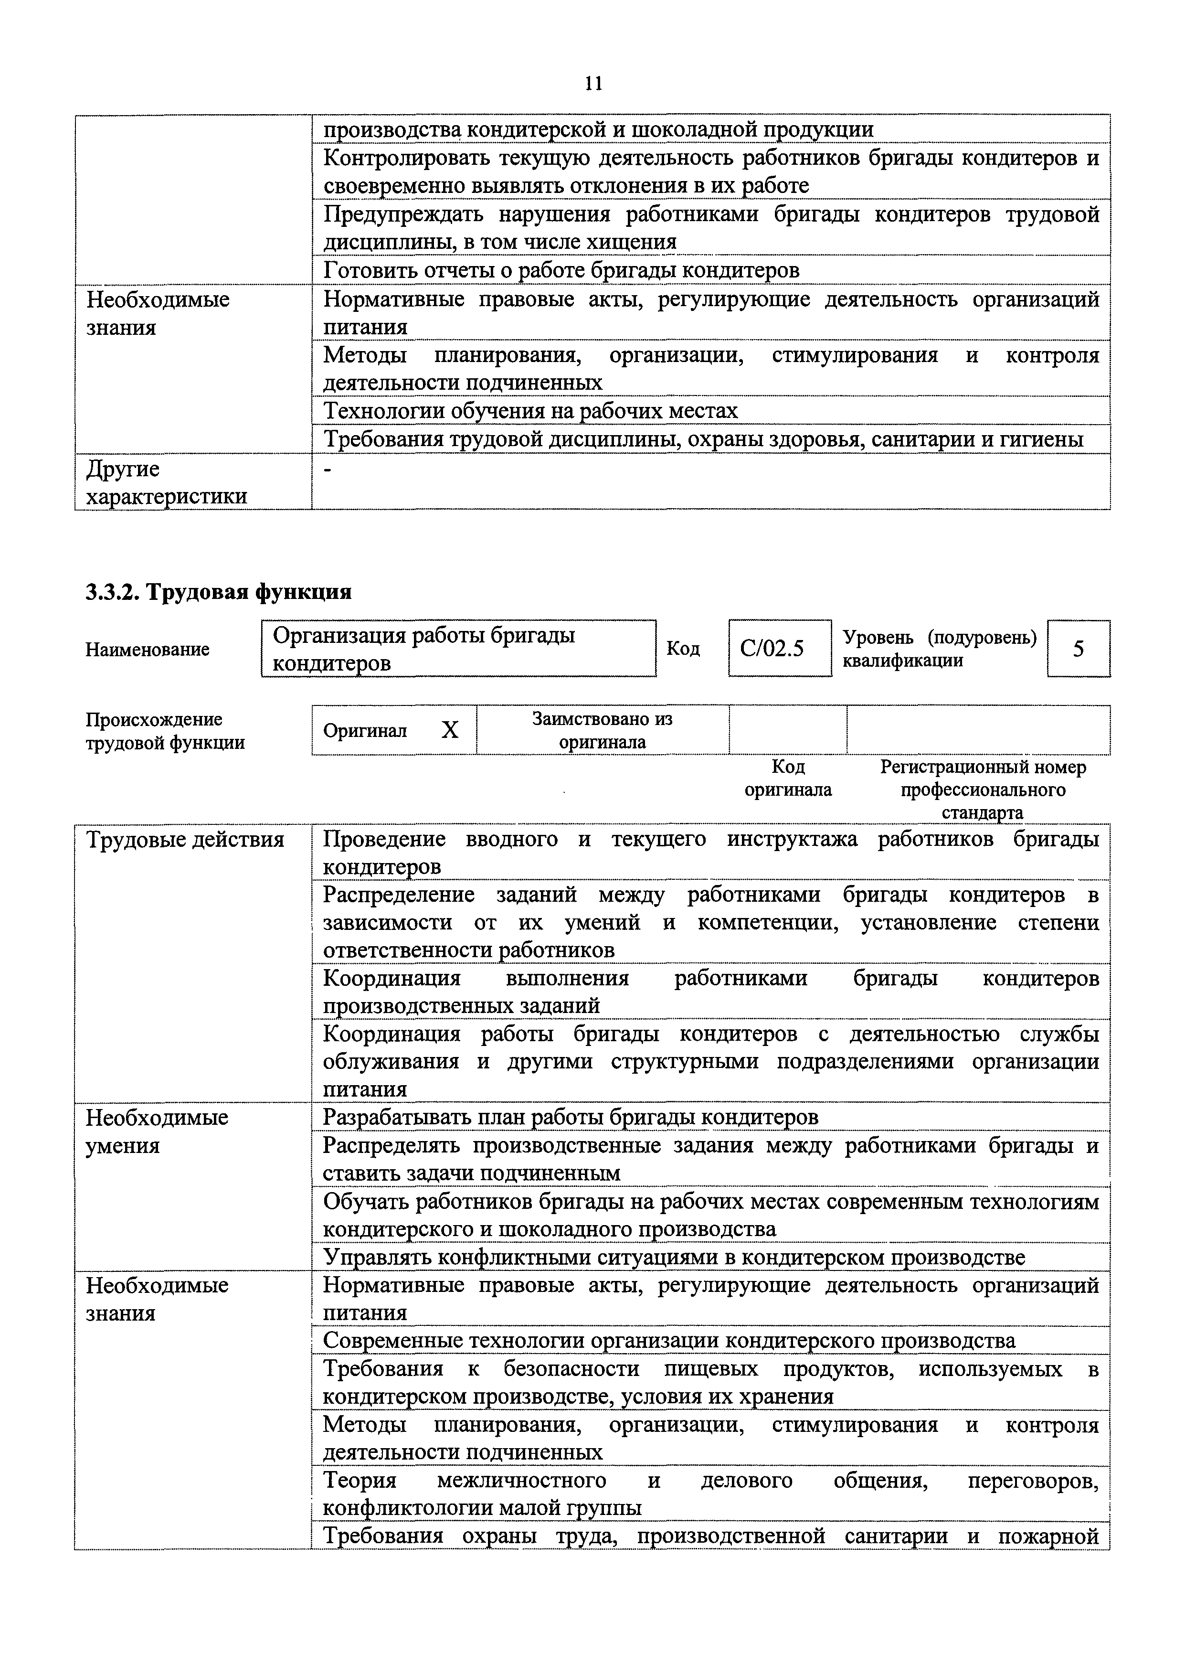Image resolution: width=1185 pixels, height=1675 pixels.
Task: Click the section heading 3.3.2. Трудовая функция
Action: pyautogui.click(x=218, y=591)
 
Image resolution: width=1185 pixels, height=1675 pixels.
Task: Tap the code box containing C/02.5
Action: pyautogui.click(x=779, y=648)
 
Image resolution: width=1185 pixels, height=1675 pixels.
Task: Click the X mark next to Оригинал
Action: pyautogui.click(x=450, y=730)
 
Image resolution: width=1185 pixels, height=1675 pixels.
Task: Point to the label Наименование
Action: pyautogui.click(x=148, y=649)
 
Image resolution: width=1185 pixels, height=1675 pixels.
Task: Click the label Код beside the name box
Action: pyautogui.click(x=683, y=649)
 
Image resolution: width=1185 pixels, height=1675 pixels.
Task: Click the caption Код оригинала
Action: pyautogui.click(x=788, y=778)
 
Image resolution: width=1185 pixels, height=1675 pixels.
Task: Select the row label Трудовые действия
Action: pyautogui.click(x=185, y=840)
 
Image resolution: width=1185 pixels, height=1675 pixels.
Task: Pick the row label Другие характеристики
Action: pyautogui.click(x=166, y=482)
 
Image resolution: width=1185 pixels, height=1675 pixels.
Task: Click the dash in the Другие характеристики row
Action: pyautogui.click(x=328, y=471)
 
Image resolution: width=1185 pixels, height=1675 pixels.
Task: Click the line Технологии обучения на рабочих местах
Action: pyautogui.click(x=530, y=411)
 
